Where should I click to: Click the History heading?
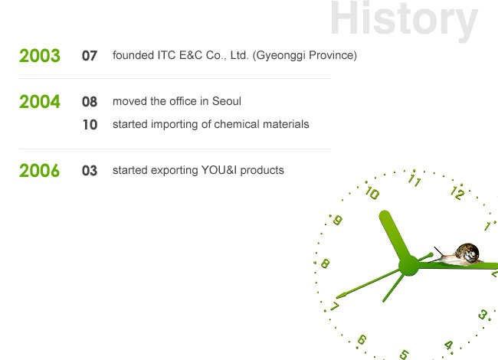404,19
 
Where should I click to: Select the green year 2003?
40,56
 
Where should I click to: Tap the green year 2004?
40,102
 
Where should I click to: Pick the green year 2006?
39,171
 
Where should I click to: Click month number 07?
89,56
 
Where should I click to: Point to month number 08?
89,102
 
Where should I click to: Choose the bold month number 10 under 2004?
90,125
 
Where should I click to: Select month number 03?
89,171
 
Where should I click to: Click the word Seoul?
227,101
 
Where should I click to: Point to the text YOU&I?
219,170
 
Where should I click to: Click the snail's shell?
467,252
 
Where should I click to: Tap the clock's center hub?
409,265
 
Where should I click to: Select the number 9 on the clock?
337,220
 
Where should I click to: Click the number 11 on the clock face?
414,180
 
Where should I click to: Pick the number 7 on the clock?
335,306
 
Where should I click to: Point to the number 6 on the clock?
362,340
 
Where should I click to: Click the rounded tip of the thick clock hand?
385,215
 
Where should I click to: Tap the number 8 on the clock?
325,263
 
